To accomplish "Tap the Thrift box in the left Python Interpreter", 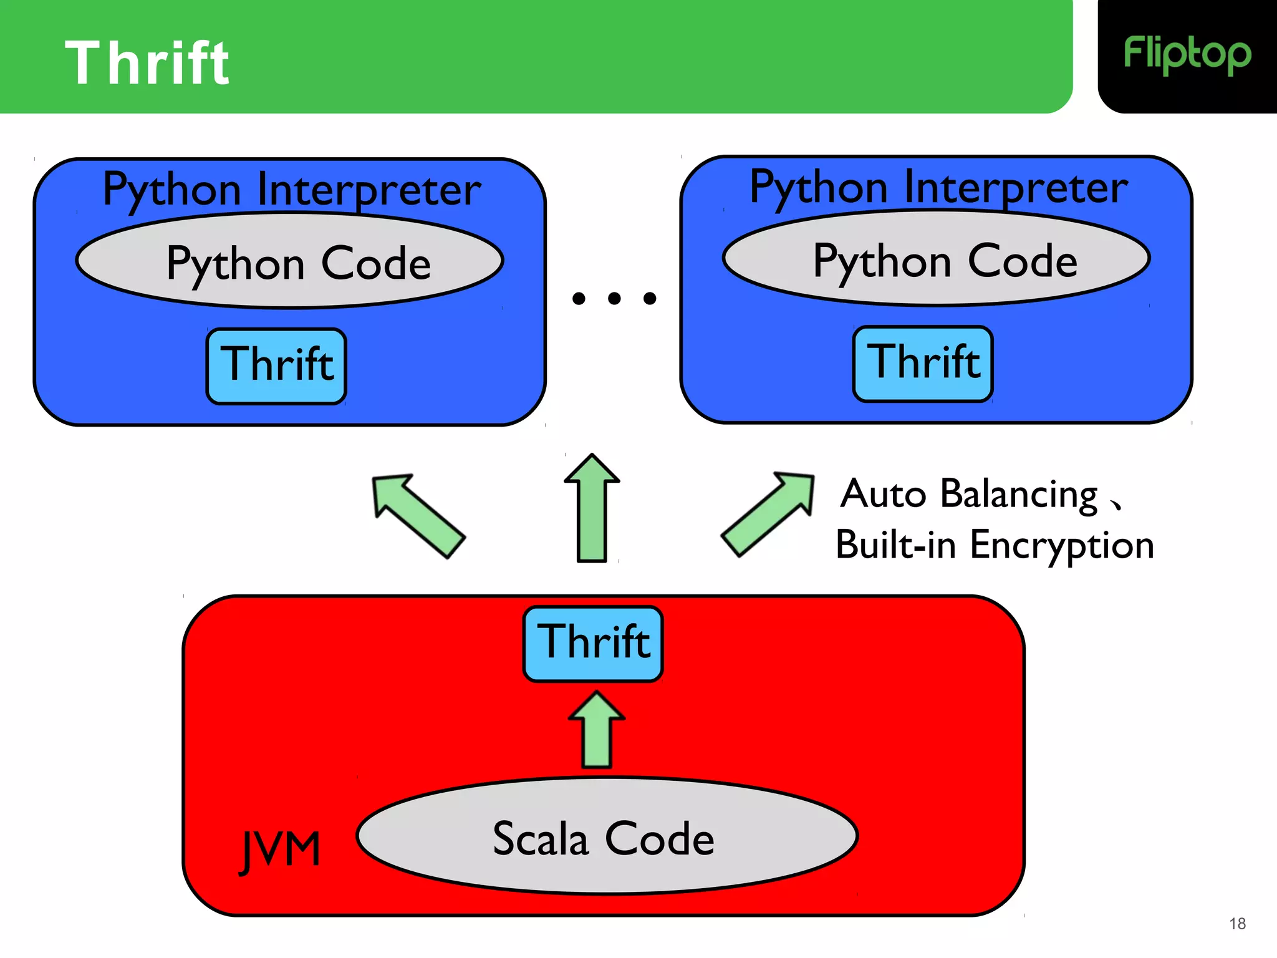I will click(276, 366).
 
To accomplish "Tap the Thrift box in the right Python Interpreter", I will click(923, 364).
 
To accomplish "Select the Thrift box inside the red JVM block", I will click(593, 643).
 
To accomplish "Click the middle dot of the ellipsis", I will click(614, 299).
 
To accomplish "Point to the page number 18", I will click(1237, 924).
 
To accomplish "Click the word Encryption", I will click(1062, 546).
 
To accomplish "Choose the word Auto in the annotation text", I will click(883, 495).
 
